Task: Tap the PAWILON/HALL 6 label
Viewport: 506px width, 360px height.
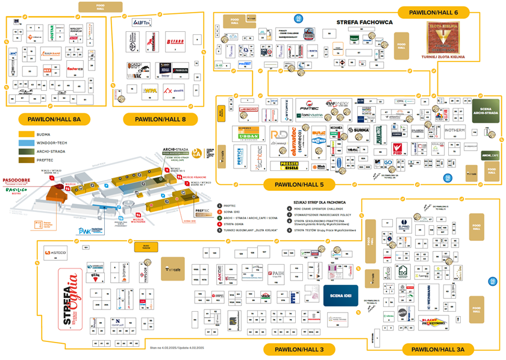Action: (x=437, y=12)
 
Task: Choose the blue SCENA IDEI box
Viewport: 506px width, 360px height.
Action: (x=341, y=295)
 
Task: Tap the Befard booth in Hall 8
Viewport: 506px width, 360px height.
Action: (x=175, y=42)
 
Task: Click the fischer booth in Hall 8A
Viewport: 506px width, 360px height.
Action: (x=75, y=69)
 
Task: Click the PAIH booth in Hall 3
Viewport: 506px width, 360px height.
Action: (x=276, y=273)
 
